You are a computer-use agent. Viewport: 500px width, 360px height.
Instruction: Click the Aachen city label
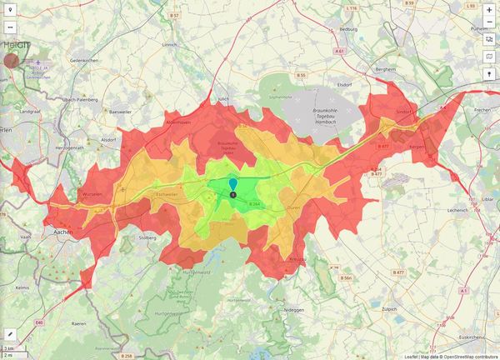61,232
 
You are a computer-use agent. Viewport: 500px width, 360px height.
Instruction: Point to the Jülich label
222,98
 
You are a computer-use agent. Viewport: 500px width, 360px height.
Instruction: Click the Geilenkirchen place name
85,61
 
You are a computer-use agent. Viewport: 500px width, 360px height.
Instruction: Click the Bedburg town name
347,28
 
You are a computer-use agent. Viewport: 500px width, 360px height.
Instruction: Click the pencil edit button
11,332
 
